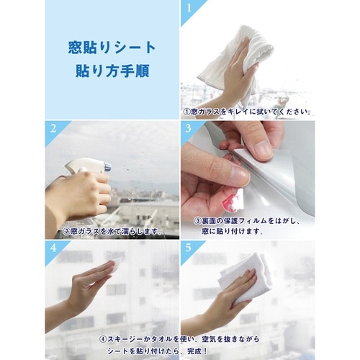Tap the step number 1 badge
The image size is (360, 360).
point(189,8)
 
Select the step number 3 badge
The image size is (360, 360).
point(189,128)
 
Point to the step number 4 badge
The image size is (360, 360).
point(53,248)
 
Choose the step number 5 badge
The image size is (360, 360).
point(189,248)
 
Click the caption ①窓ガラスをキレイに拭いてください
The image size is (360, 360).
point(247,112)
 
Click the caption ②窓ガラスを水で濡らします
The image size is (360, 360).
point(110,232)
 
